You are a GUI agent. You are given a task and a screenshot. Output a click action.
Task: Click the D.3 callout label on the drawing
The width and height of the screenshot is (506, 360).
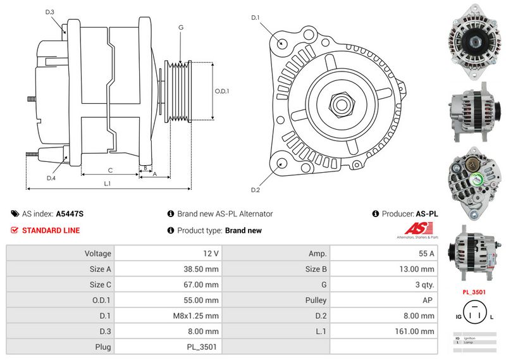tap(50, 12)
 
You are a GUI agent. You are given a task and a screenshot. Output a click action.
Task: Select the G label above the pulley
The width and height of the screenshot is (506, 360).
tap(181, 27)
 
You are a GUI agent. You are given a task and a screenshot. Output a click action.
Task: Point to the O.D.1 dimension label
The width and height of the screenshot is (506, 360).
tap(221, 91)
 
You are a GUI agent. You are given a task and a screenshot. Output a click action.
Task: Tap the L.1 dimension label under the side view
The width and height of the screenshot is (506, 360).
tap(108, 183)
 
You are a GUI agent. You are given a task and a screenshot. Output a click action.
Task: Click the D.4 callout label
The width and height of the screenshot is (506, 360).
tap(51, 178)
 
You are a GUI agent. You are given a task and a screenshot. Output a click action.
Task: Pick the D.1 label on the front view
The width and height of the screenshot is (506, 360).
tap(256, 18)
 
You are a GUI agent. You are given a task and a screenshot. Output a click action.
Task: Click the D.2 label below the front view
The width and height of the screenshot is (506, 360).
tap(256, 190)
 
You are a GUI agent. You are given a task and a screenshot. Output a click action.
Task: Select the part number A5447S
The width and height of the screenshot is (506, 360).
tap(70, 214)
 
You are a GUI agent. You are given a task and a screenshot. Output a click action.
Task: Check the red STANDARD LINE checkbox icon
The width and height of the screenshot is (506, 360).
tap(15, 230)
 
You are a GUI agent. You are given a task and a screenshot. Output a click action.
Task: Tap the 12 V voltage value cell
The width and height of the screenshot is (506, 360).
tap(211, 254)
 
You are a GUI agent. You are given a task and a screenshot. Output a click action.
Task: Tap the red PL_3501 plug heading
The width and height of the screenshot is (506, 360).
tap(474, 293)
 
